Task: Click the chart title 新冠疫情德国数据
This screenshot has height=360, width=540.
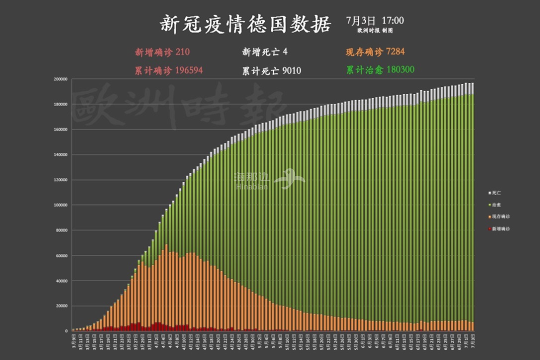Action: [245, 23]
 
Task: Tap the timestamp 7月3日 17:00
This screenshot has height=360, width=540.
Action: [374, 20]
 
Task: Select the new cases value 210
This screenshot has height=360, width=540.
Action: [183, 52]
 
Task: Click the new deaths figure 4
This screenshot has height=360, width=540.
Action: [285, 52]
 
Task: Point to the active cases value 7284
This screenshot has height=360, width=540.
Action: [395, 52]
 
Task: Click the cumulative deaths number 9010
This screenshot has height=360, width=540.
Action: [291, 70]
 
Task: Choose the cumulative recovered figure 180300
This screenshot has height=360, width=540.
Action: [400, 70]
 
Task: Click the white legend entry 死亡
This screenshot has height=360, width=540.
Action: [494, 192]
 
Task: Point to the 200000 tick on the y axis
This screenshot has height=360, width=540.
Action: [61, 79]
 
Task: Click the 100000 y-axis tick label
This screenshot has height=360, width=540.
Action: [61, 205]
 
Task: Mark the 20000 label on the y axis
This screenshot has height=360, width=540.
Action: [62, 306]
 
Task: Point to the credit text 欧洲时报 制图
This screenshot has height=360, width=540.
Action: [374, 30]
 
